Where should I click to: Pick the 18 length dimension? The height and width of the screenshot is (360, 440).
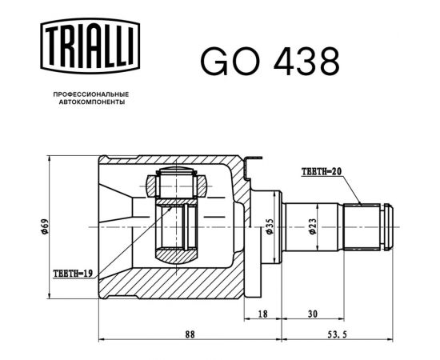coord(262,314)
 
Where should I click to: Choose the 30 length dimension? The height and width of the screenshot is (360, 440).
coord(313,314)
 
